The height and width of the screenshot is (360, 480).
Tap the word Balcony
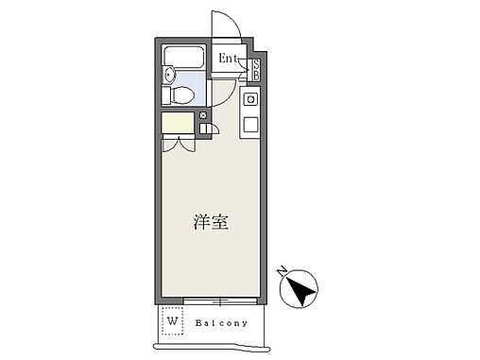click(224, 321)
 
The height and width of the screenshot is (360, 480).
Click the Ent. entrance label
click(230, 59)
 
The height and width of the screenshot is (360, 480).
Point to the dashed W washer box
click(173, 320)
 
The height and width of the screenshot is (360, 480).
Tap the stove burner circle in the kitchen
click(251, 98)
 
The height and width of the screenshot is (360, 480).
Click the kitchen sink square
click(251, 124)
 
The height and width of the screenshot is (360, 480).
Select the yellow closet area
click(177, 124)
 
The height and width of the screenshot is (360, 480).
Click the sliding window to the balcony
click(220, 301)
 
